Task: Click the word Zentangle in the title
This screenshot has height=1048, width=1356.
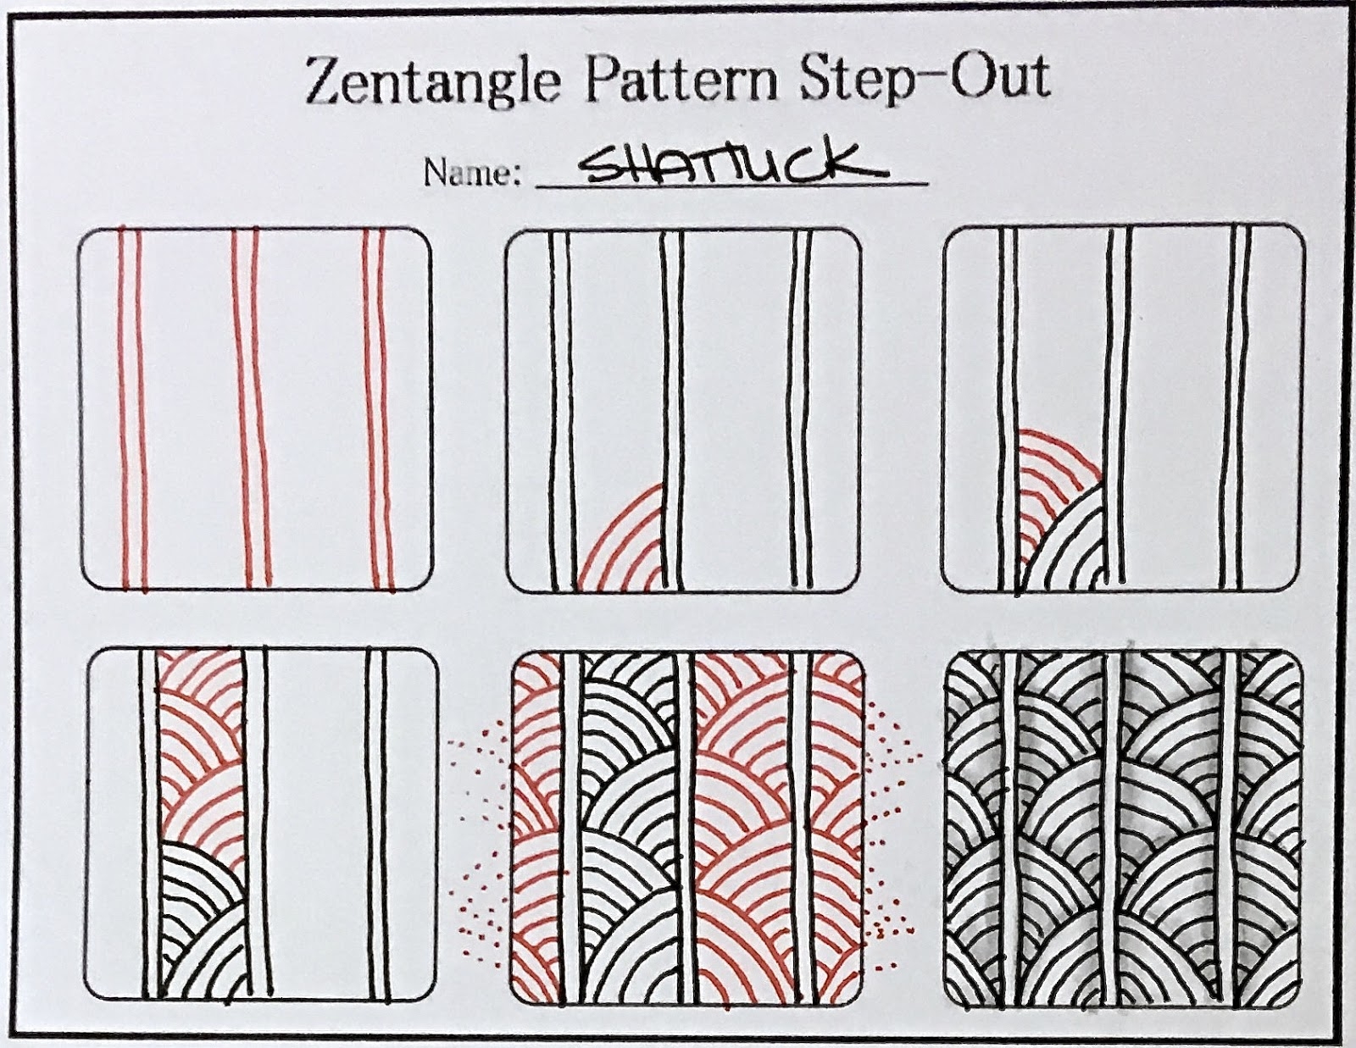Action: [432, 80]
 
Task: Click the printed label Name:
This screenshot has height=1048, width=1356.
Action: [471, 173]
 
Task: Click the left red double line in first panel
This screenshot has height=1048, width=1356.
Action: [131, 407]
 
